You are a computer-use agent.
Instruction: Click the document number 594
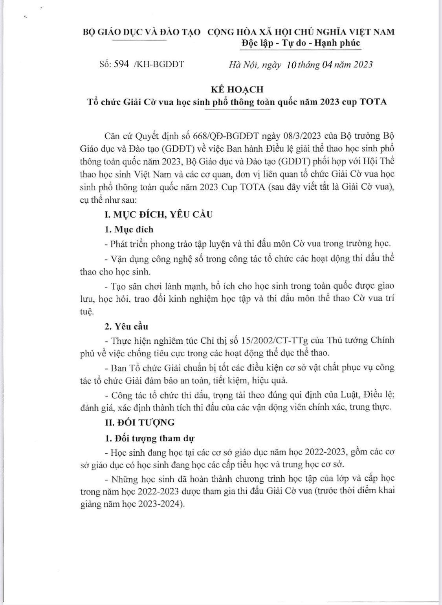tap(121, 64)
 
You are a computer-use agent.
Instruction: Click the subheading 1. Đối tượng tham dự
tap(150, 438)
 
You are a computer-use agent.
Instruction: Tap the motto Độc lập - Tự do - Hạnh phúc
tap(301, 43)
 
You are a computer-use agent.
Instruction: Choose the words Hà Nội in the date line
tap(242, 65)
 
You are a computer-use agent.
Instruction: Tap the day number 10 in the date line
tap(291, 65)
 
